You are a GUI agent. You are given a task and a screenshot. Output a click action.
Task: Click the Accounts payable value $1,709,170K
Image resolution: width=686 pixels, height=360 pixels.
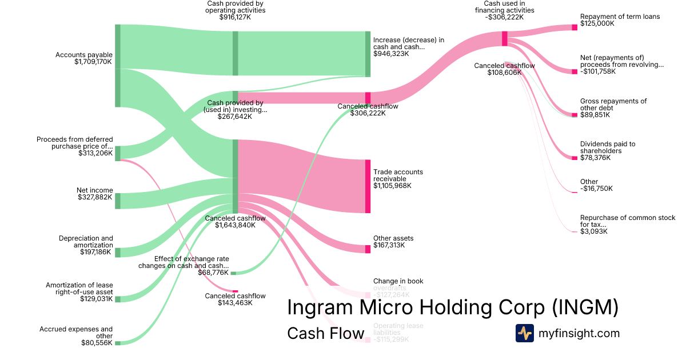pyautogui.click(x=93, y=62)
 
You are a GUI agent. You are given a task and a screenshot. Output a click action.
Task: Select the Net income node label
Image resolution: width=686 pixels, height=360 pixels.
pyautogui.click(x=95, y=190)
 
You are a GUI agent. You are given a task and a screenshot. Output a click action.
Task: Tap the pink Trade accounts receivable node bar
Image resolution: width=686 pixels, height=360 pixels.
pyautogui.click(x=368, y=186)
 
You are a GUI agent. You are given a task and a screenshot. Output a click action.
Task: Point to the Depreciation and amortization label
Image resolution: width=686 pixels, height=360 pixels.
pyautogui.click(x=86, y=241)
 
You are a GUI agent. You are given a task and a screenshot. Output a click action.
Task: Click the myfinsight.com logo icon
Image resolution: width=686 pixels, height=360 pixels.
pyautogui.click(x=524, y=333)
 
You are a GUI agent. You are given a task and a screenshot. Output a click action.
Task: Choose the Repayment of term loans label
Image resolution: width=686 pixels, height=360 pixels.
pyautogui.click(x=620, y=17)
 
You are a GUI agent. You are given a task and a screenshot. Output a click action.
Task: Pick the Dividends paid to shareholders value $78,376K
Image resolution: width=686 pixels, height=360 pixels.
pyautogui.click(x=595, y=158)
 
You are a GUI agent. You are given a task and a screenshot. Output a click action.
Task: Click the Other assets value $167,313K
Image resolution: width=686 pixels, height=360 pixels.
pyautogui.click(x=389, y=245)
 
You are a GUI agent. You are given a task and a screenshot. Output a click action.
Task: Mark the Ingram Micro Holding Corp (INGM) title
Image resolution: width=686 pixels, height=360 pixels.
pyautogui.click(x=452, y=307)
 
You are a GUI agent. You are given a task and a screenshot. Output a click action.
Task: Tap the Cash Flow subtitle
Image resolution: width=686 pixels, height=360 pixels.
pyautogui.click(x=325, y=333)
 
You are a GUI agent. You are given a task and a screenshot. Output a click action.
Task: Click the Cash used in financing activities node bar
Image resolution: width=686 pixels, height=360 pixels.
pyautogui.click(x=505, y=38)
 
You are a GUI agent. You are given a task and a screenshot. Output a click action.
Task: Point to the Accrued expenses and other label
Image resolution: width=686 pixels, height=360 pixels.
pyautogui.click(x=76, y=333)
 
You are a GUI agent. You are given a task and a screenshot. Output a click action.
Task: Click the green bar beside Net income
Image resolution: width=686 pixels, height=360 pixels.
pyautogui.click(x=118, y=201)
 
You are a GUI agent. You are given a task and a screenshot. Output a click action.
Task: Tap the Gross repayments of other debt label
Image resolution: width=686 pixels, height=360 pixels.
pyautogui.click(x=613, y=105)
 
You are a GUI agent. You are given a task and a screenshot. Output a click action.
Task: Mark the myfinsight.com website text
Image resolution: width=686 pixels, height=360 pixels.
pyautogui.click(x=579, y=333)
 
